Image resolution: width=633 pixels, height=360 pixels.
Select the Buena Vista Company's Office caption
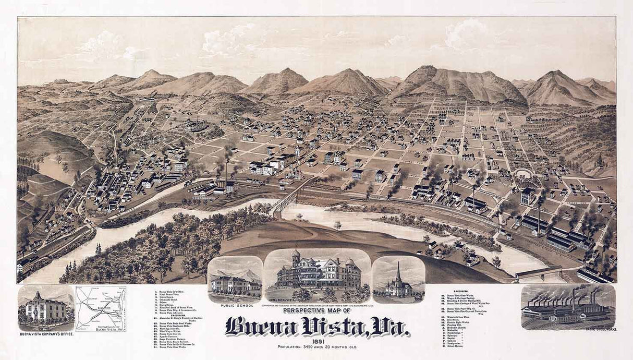[x=45, y=334]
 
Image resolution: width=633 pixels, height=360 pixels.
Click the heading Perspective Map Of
[x=316, y=311]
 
